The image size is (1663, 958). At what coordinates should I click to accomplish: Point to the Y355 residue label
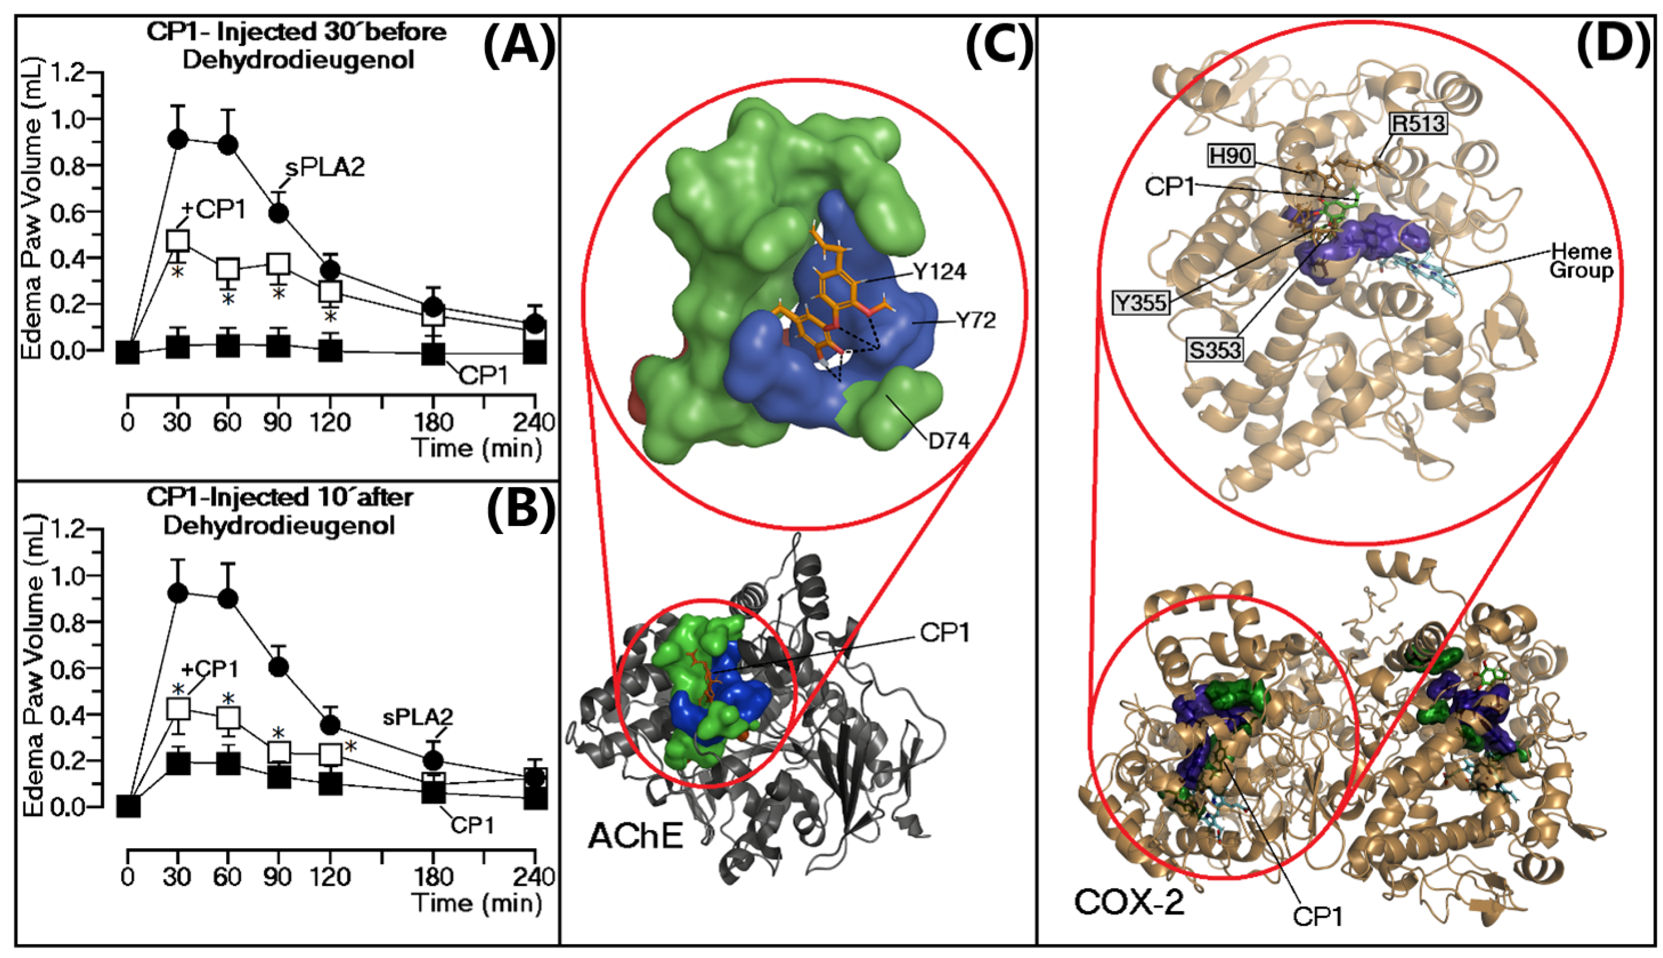point(1141,303)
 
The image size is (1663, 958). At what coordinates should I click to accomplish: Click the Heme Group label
point(1581,261)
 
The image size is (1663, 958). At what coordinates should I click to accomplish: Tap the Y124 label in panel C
point(939,271)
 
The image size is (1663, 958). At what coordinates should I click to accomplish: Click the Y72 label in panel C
point(976,321)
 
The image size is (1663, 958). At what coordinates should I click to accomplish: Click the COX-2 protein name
point(1129,901)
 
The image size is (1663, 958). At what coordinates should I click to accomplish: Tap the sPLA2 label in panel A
point(325,168)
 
